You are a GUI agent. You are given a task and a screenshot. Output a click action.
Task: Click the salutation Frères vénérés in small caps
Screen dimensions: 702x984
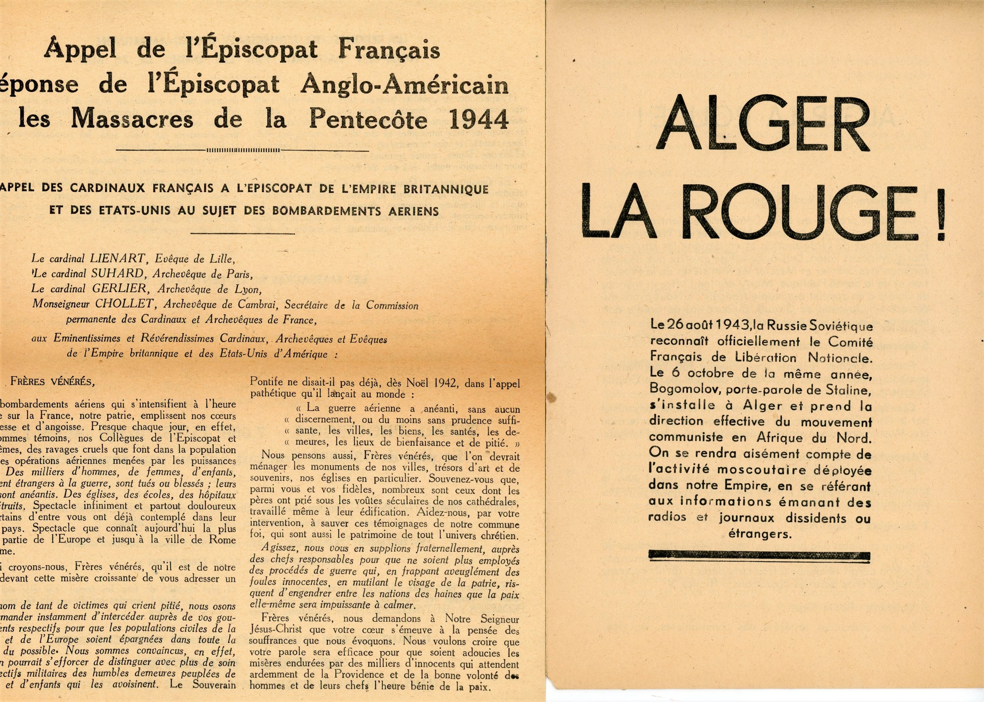(51, 382)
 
